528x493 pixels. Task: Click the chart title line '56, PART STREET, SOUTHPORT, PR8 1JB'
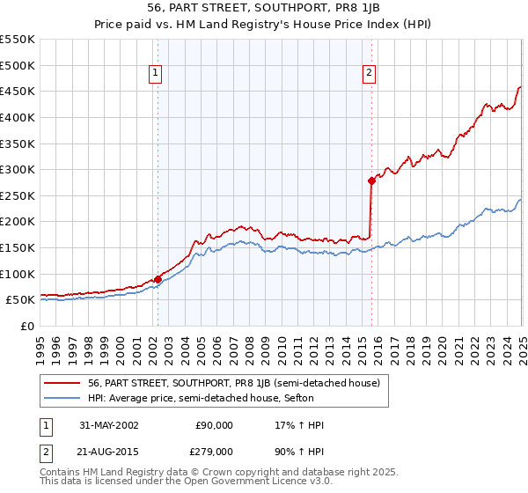click(264, 7)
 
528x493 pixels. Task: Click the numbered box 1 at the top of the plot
click(155, 74)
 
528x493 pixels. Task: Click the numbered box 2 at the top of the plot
click(370, 74)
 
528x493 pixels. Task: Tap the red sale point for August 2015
click(371, 180)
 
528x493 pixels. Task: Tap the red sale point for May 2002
click(158, 279)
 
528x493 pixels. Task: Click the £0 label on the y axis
click(27, 326)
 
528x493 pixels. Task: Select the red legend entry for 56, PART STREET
click(233, 383)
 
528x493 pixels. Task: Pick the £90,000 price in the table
click(214, 425)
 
